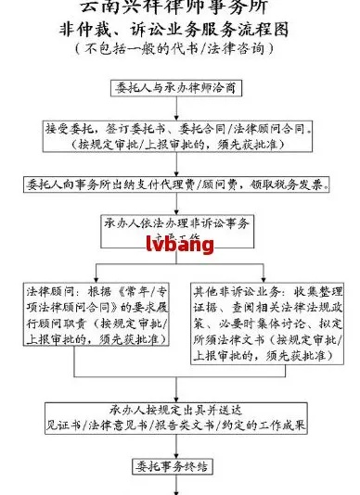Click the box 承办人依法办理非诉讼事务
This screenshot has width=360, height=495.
(177, 228)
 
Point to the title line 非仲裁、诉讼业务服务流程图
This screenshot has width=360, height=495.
(177, 28)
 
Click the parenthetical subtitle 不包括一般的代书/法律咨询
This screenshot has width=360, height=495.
(177, 46)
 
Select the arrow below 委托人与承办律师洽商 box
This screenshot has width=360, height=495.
(177, 108)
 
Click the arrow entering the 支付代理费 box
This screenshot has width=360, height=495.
(177, 163)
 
